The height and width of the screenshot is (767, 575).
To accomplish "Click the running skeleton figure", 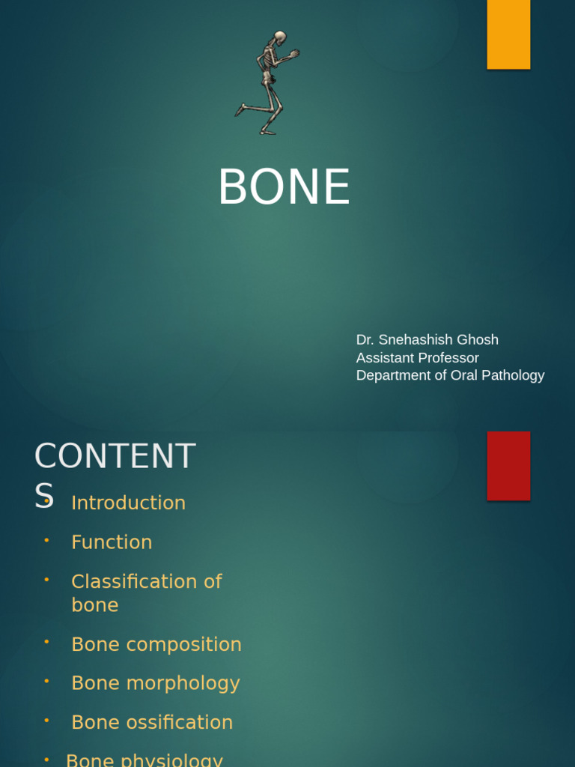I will coord(267,82).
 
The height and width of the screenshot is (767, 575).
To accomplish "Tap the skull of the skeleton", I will coord(279,37).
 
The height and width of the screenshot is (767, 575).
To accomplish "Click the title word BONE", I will coord(284,187).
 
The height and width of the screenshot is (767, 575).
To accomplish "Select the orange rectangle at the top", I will coord(508,34).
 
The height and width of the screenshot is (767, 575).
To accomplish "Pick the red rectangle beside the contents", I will coord(508,465).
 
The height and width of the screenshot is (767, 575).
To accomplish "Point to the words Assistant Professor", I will coord(417,358).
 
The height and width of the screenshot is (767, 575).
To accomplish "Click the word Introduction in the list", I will coord(128,503).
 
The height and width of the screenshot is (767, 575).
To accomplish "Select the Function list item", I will coord(112,542).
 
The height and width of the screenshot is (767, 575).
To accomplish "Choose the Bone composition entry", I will coord(156,644).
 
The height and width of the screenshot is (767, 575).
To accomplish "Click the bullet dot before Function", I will coord(46,539).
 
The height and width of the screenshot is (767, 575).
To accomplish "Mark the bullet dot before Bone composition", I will coord(46,642).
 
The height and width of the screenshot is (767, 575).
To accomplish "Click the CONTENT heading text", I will coord(115,456).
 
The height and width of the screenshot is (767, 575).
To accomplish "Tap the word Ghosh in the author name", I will coord(478,340).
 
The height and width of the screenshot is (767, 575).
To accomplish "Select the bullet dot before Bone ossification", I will coord(46,720).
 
